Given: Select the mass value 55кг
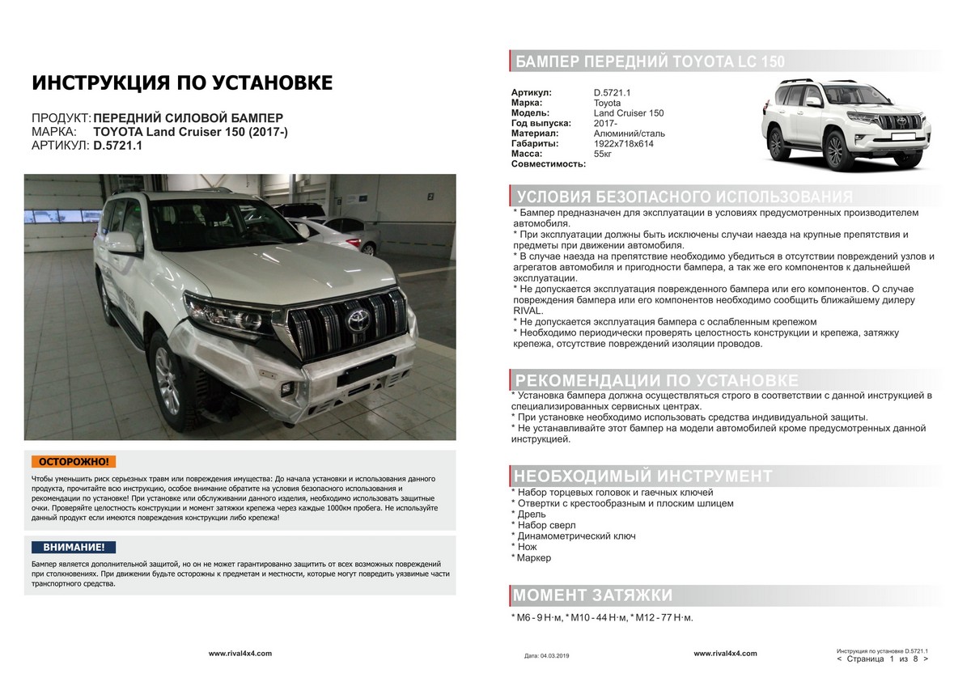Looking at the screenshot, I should point(603,154).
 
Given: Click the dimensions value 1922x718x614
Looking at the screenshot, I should point(623,143).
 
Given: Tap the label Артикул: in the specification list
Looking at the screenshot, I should point(532,92).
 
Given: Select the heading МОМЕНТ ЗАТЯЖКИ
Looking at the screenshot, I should point(593,595).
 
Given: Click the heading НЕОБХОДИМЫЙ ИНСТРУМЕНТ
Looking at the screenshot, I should point(643,476).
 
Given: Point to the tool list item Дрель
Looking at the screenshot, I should point(535,514).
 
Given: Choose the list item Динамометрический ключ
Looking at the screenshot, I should point(576,536).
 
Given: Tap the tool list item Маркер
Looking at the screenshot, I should point(535,558).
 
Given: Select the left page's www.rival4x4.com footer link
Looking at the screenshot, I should point(240,653).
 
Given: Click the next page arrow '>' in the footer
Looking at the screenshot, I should point(924,659).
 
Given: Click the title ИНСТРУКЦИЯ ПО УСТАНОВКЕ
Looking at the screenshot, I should point(181,83).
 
